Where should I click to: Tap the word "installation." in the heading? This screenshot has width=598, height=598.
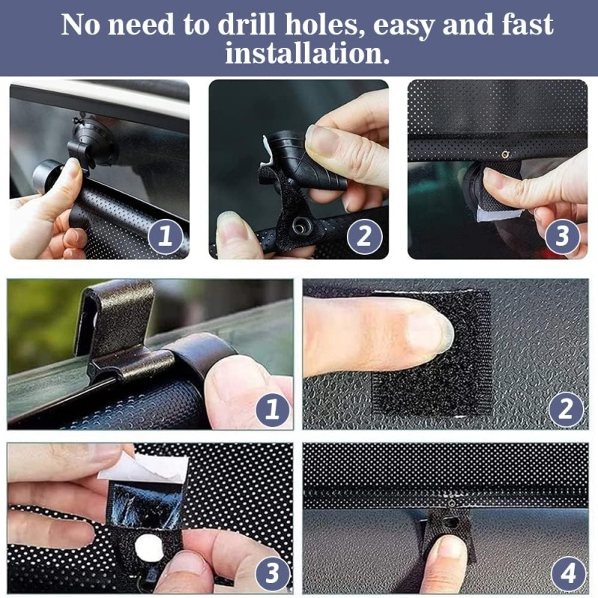pyautogui.click(x=307, y=53)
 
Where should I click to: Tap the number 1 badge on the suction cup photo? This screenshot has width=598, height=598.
pyautogui.click(x=165, y=236)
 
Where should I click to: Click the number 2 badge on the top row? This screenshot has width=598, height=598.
pyautogui.click(x=364, y=236)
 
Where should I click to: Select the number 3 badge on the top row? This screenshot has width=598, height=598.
pyautogui.click(x=563, y=236)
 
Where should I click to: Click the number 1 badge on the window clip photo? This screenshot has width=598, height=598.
pyautogui.click(x=272, y=410)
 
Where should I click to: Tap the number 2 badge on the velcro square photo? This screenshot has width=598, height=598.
pyautogui.click(x=566, y=410)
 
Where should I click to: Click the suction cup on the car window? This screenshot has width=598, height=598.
pyautogui.click(x=91, y=141)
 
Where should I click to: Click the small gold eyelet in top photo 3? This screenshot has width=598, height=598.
pyautogui.click(x=506, y=154)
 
